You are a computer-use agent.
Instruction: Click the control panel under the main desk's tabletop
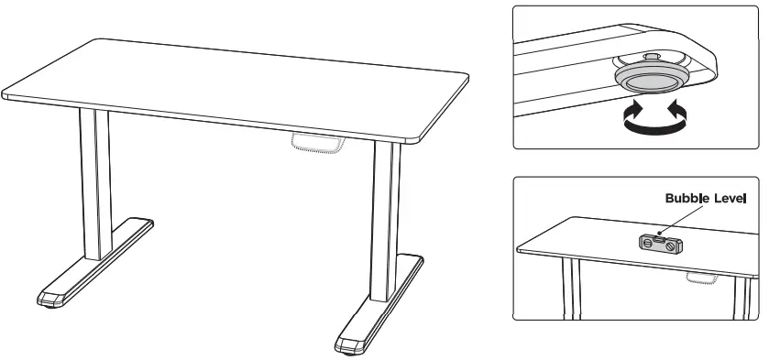tap(315, 144)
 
